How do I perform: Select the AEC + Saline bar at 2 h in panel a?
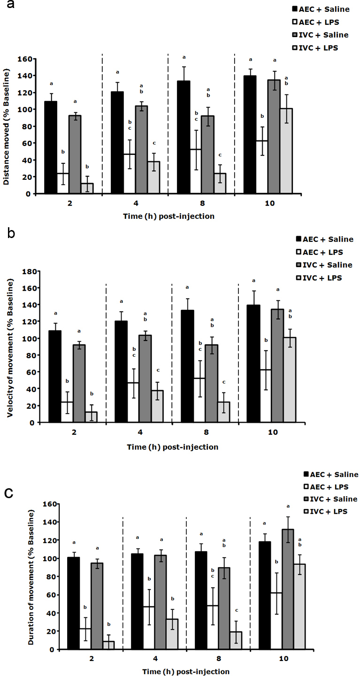coord(51,147)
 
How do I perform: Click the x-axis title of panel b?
coord(173,447)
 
